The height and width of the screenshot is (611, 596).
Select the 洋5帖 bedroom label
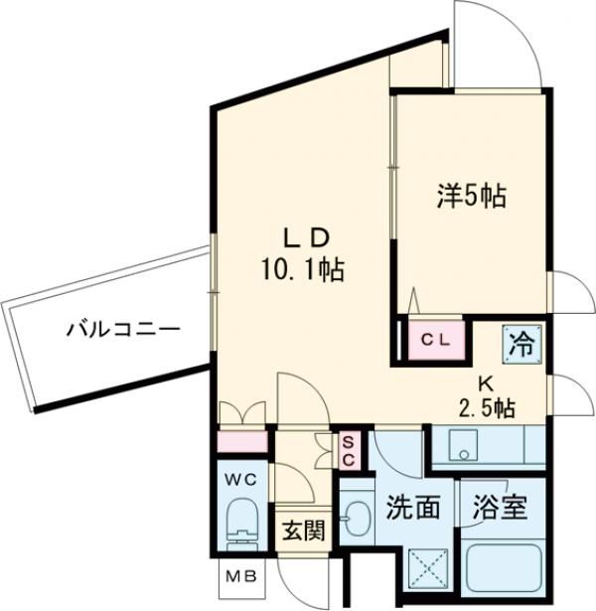click(x=471, y=196)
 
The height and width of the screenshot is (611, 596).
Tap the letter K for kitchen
click(x=486, y=382)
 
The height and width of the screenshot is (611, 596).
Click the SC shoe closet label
click(x=350, y=449)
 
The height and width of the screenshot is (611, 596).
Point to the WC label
click(x=243, y=481)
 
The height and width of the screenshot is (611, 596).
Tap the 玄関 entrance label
click(x=301, y=531)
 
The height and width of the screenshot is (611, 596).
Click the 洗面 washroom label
click(x=412, y=509)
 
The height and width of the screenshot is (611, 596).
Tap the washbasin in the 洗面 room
click(x=354, y=517)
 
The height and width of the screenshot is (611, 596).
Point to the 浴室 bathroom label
click(x=499, y=509)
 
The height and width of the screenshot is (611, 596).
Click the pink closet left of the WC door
click(x=242, y=440)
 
